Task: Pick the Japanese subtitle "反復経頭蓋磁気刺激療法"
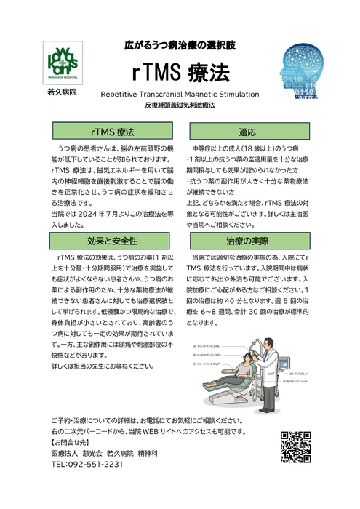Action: [x=180, y=105]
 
